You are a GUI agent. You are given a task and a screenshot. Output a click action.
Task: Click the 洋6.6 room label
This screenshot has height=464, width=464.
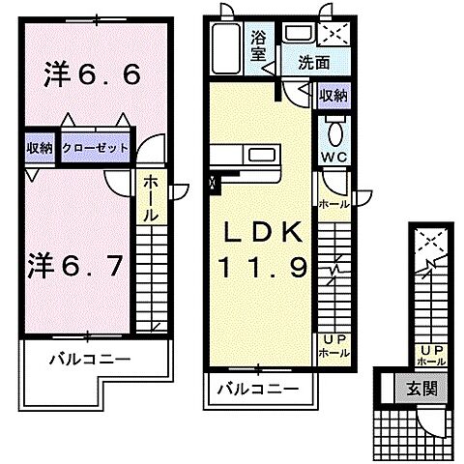pyautogui.click(x=80, y=75)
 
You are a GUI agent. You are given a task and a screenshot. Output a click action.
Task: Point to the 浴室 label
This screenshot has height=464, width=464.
pyautogui.click(x=259, y=43)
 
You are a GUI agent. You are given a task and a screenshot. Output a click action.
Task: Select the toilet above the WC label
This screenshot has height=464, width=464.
pyautogui.click(x=334, y=130)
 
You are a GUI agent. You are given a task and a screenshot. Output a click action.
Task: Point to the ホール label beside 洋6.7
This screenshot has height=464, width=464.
pyautogui.click(x=153, y=198)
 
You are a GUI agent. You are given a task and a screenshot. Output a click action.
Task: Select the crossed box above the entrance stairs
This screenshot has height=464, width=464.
pyautogui.click(x=429, y=241)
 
